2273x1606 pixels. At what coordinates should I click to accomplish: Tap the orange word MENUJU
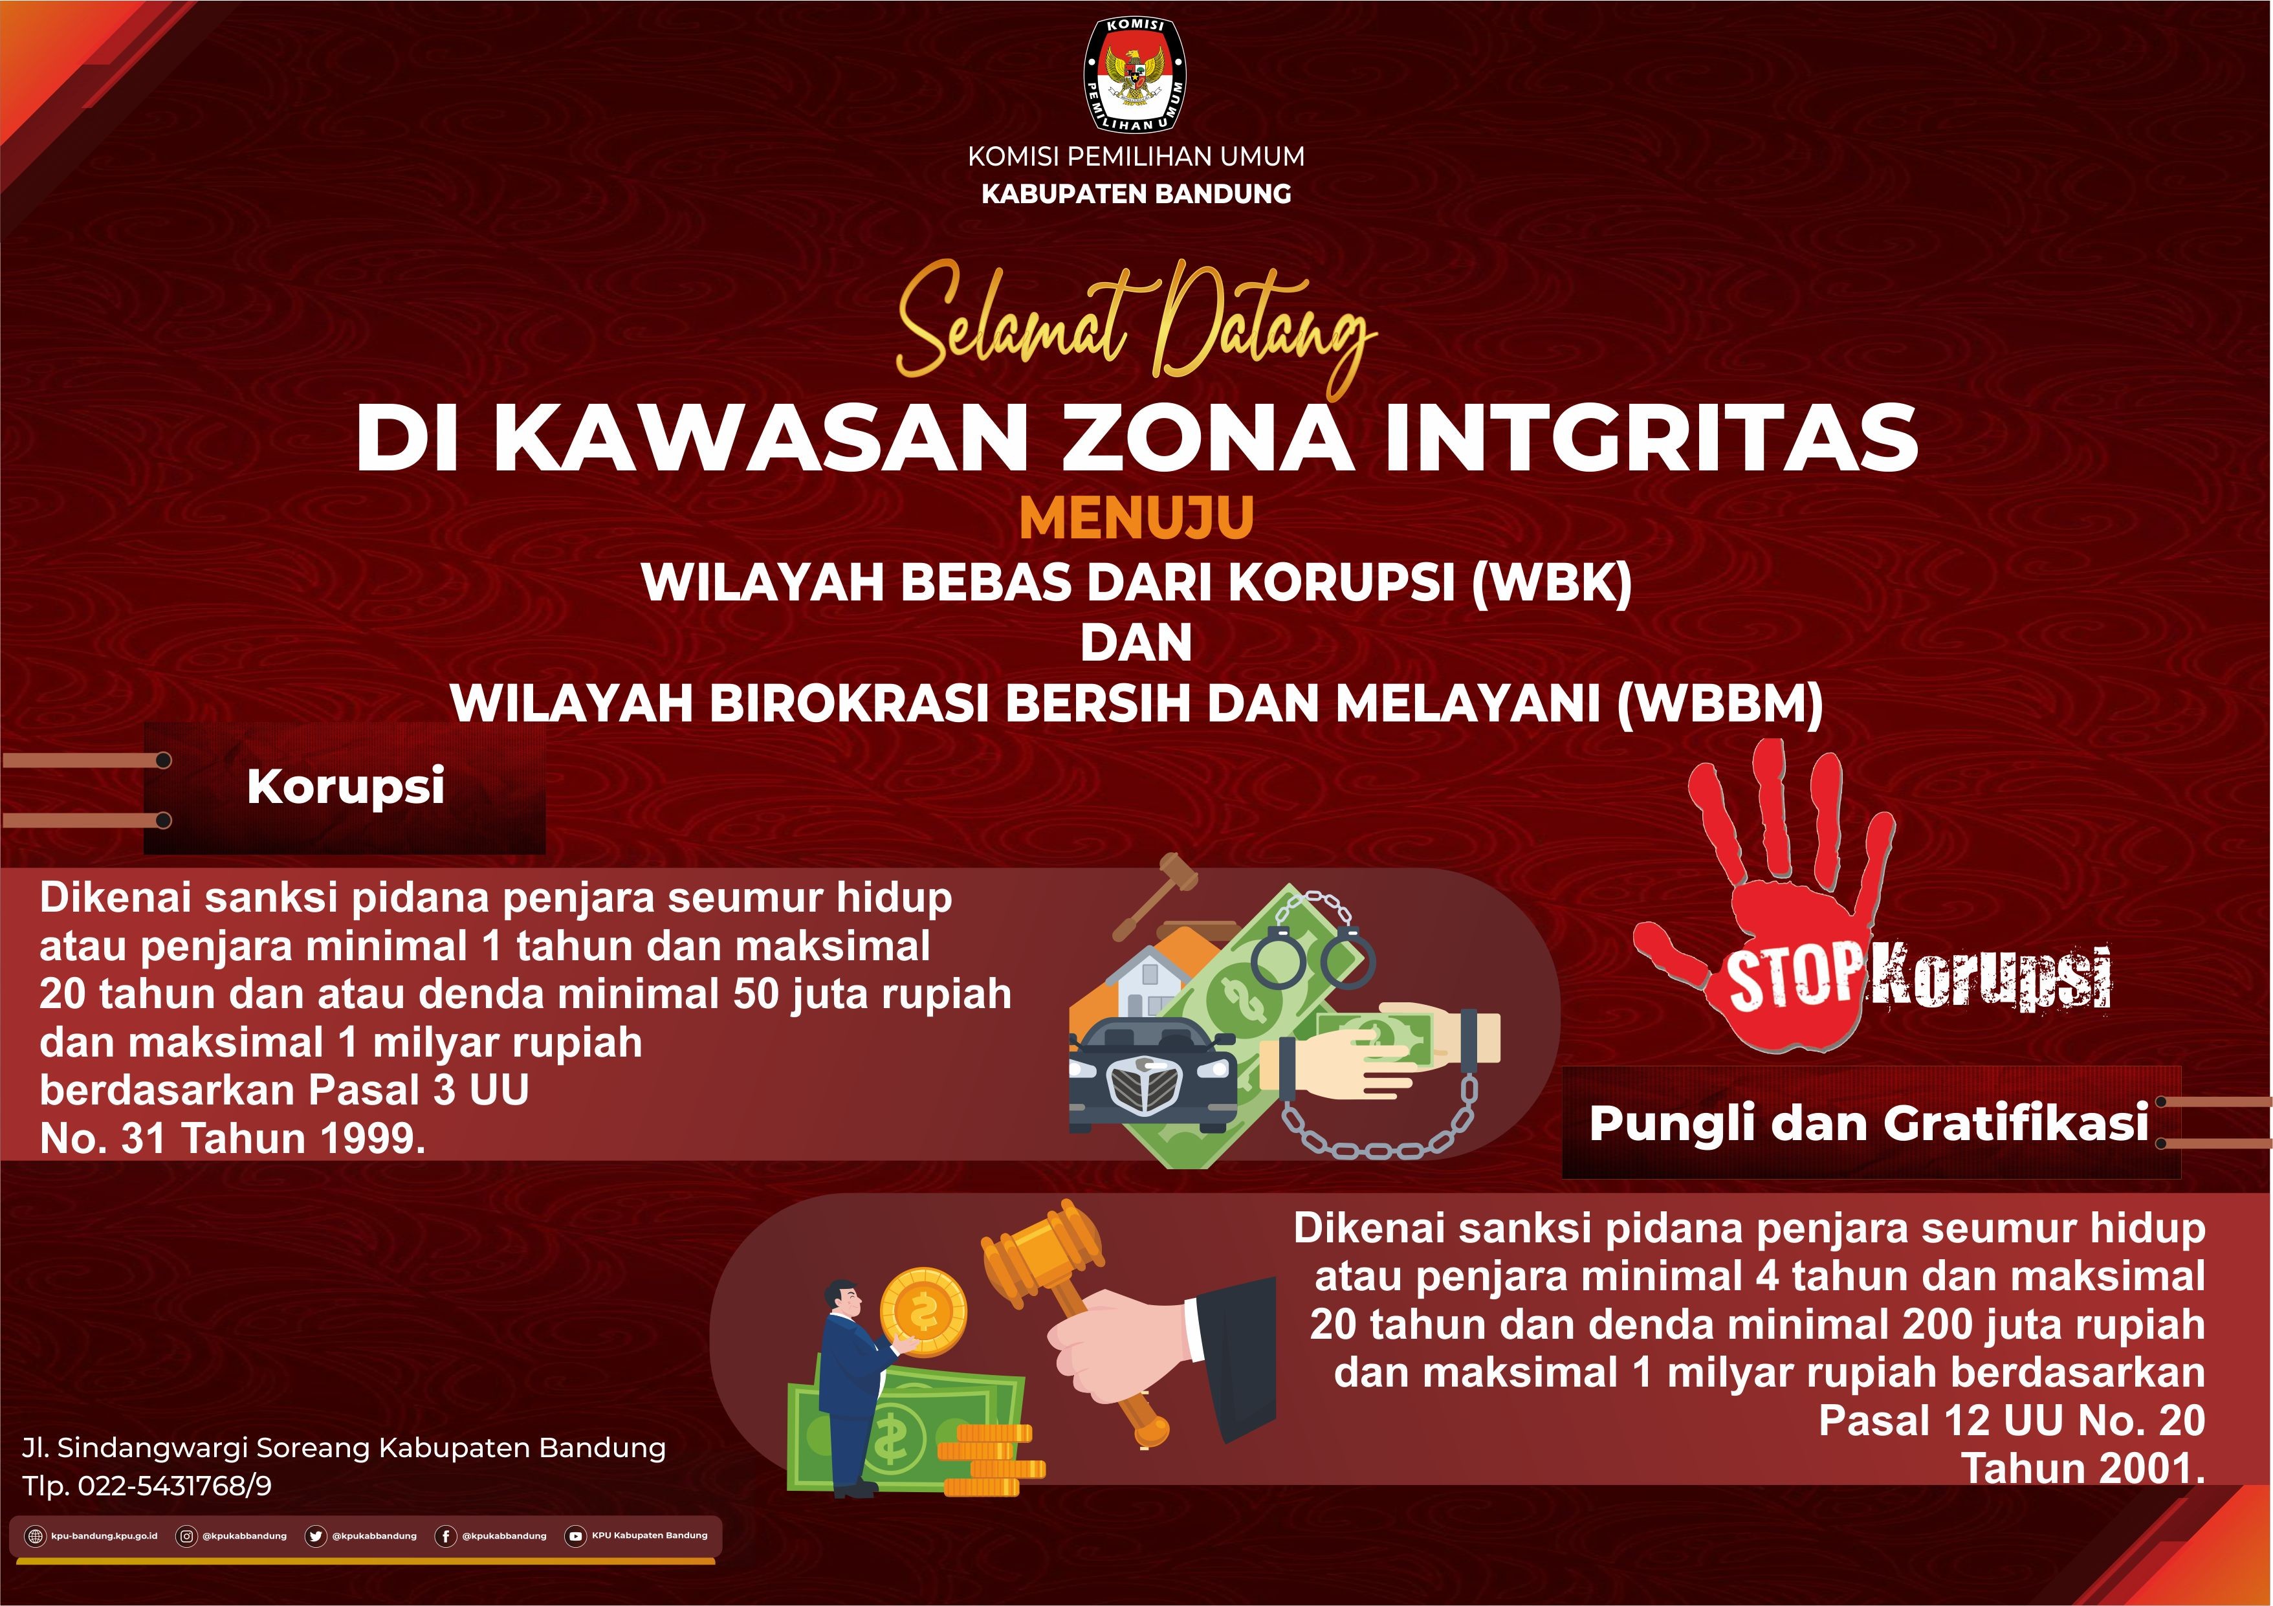[x=1136, y=518]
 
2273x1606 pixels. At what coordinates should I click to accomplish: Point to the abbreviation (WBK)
[x=1552, y=582]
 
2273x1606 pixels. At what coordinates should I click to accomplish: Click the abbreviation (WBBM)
[x=1720, y=704]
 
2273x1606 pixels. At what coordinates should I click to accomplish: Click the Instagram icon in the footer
[x=185, y=1535]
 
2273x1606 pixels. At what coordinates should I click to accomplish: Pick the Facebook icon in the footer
[x=446, y=1535]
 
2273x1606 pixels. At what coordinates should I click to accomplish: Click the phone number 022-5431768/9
[x=174, y=1485]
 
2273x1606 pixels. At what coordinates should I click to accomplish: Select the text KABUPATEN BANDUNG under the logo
[x=1136, y=194]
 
